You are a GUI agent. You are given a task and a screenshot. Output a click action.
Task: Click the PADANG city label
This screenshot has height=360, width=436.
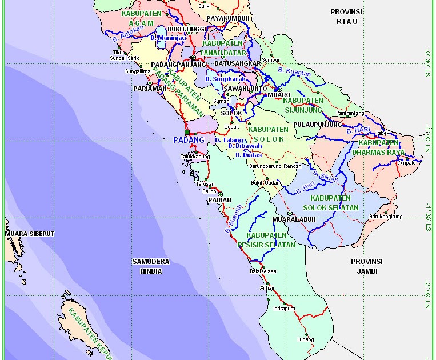(x=188, y=140)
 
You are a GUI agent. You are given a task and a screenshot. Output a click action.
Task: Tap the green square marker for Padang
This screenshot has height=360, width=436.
(x=187, y=132)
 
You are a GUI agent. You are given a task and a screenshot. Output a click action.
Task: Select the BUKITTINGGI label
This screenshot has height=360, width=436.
(x=171, y=29)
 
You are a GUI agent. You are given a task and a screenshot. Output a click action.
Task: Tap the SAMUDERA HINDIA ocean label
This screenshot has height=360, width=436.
(x=151, y=266)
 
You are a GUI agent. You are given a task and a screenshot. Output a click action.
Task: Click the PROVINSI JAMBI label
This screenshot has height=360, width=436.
(x=366, y=266)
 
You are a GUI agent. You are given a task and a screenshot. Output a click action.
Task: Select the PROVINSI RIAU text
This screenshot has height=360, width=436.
(x=347, y=17)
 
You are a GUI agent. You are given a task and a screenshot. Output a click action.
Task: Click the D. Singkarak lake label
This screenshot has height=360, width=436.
(x=225, y=79)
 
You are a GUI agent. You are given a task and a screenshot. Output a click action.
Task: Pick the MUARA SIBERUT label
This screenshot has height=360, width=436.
(x=29, y=234)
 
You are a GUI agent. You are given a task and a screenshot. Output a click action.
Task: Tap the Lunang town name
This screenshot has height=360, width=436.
(x=306, y=339)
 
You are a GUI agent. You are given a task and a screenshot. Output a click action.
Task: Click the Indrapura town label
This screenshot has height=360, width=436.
(x=284, y=308)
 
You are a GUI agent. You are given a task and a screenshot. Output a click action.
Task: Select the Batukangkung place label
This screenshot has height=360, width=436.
(x=386, y=217)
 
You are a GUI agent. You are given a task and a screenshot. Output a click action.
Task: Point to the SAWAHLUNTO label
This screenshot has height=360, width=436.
(x=245, y=89)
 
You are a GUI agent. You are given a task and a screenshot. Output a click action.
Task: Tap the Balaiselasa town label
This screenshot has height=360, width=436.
(x=263, y=271)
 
